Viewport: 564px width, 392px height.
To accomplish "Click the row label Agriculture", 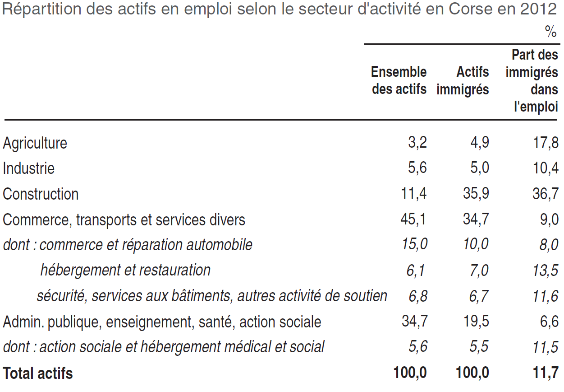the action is click(35, 144).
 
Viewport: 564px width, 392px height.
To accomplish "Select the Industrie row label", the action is click(28, 168).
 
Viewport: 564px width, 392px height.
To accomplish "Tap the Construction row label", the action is click(41, 194).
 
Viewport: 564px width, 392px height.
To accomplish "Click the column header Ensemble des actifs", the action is click(399, 80).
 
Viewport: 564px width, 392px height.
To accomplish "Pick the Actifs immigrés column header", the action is click(463, 80).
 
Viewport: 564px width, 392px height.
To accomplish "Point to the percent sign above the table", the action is click(550, 32).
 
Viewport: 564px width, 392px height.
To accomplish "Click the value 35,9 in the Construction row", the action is click(476, 193).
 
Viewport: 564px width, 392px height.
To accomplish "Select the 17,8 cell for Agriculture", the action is click(546, 143).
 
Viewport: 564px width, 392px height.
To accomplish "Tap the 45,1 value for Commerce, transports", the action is click(413, 219).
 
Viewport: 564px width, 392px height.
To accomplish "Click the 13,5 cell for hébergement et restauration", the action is click(545, 271).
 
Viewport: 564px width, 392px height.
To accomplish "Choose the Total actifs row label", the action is click(37, 373).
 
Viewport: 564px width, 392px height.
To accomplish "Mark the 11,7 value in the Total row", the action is click(546, 373).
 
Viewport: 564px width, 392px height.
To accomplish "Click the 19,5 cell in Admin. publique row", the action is click(477, 322).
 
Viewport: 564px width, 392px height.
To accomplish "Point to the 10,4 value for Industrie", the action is click(546, 168).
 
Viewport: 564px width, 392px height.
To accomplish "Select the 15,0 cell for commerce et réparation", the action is click(414, 244).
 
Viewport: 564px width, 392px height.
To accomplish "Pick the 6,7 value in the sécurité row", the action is click(478, 296).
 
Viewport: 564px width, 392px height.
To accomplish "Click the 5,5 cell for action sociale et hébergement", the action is click(479, 347).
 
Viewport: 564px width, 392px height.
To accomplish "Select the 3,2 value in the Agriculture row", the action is click(417, 143).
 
